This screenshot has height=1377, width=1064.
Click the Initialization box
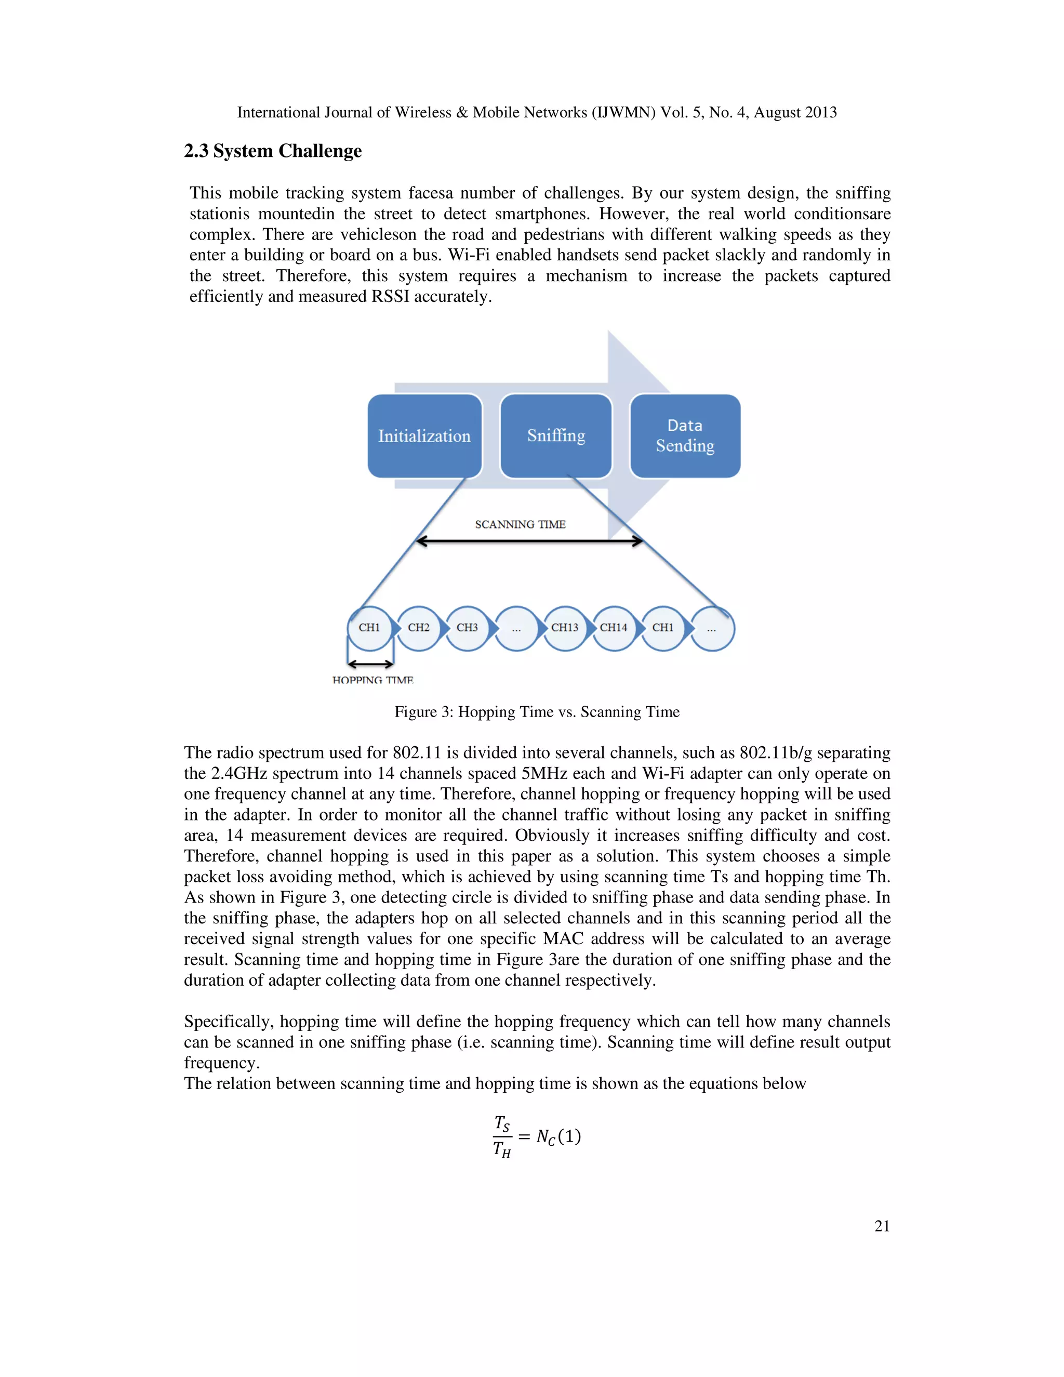[x=424, y=435]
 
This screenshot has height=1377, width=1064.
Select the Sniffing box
[x=556, y=435]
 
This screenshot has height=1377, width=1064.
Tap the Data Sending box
[x=685, y=435]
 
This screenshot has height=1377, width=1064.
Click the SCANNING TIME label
[x=520, y=525]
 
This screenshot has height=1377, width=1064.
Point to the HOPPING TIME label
[x=373, y=680]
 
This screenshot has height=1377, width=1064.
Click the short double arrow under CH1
[x=370, y=663]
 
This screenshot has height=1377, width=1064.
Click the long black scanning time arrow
[x=529, y=541]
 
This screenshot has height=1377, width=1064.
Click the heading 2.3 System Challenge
[x=273, y=151]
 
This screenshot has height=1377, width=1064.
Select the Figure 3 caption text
[x=537, y=712]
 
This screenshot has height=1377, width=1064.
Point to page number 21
[x=882, y=1226]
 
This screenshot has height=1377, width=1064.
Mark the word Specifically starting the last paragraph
[x=228, y=1022]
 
